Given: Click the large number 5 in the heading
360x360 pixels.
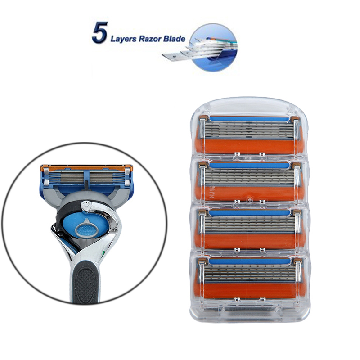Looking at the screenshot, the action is point(100,32).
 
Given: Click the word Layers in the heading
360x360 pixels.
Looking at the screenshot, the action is point(123,39).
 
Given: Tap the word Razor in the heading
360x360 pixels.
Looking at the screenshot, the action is point(150,39).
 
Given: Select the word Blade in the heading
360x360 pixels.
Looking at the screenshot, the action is point(174,38).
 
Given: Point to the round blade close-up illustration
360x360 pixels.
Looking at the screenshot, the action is point(213,47).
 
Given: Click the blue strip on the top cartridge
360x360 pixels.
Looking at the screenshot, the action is point(250,119).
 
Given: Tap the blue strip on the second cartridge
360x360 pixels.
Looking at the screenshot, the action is point(250,165).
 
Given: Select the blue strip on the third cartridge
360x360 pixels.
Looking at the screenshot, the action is point(250,212).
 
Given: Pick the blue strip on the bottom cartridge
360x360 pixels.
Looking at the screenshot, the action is point(250,261).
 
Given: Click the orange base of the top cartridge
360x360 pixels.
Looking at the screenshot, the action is point(250,146).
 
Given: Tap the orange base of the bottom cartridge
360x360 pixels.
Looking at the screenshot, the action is point(250,290).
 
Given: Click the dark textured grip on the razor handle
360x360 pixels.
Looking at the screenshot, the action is point(85,283).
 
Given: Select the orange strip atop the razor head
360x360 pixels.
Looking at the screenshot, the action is point(86,167).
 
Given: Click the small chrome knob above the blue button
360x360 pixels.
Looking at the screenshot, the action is point(86,205).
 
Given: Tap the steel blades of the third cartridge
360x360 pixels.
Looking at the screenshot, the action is point(250,225).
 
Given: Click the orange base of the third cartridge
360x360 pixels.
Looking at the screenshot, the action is point(250,241).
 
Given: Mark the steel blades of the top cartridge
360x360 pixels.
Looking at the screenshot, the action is point(250,130).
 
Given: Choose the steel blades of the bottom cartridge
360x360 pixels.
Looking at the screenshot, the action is point(250,273).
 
